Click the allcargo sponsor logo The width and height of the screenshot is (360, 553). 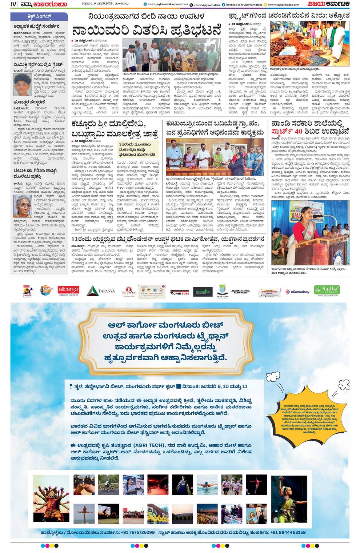[68, 290]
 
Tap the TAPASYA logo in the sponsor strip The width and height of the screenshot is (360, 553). [101, 290]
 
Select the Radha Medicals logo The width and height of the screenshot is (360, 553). [327, 290]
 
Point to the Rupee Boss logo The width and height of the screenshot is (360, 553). [180, 292]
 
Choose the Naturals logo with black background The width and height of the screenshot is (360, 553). [203, 292]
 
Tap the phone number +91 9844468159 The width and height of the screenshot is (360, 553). [288, 532]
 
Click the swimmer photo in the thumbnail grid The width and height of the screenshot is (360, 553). [207, 485]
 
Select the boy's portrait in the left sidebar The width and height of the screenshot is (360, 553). [22, 85]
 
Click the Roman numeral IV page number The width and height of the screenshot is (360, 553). [14, 4]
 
